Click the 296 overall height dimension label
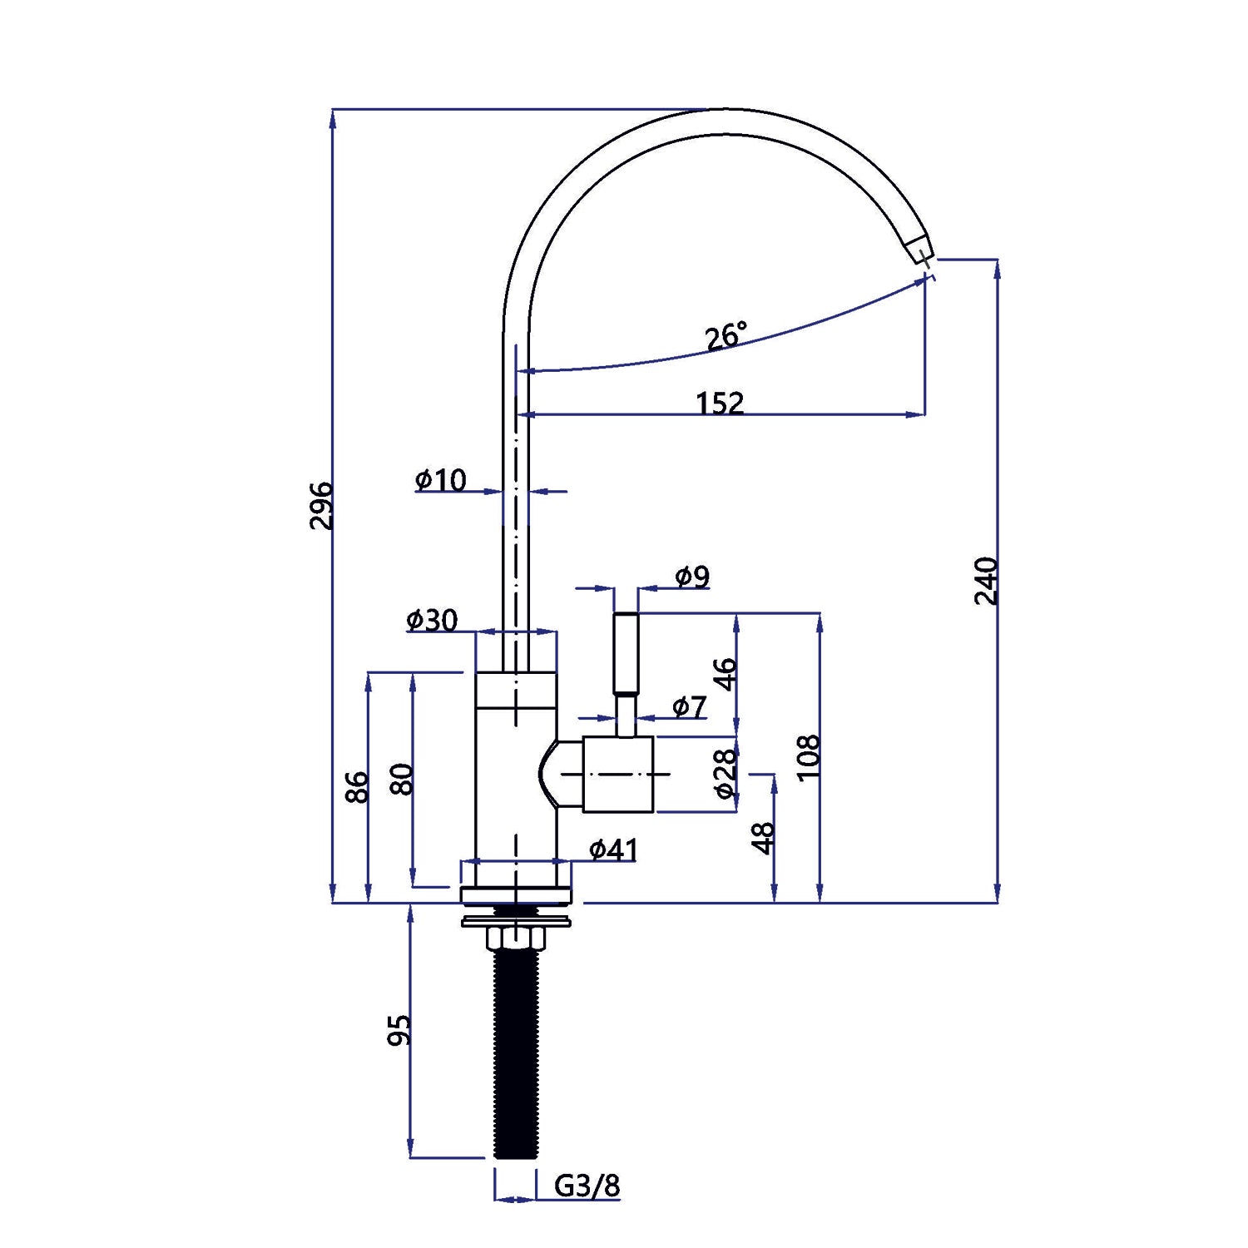click(x=321, y=505)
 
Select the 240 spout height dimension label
click(x=986, y=581)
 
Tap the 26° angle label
click(x=726, y=336)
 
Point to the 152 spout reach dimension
click(x=720, y=403)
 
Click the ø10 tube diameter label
click(x=441, y=480)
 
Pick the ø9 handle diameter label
click(x=692, y=576)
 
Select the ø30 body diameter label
click(x=432, y=620)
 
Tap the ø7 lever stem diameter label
click(x=689, y=707)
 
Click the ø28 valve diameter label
click(x=726, y=773)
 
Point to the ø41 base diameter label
click(x=613, y=849)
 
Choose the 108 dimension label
click(x=809, y=757)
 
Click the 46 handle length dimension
click(x=726, y=674)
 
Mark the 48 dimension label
click(x=763, y=838)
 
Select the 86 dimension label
click(x=356, y=787)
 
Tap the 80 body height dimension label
click(x=402, y=779)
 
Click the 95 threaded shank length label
click(x=400, y=1030)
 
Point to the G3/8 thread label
click(x=587, y=1186)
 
